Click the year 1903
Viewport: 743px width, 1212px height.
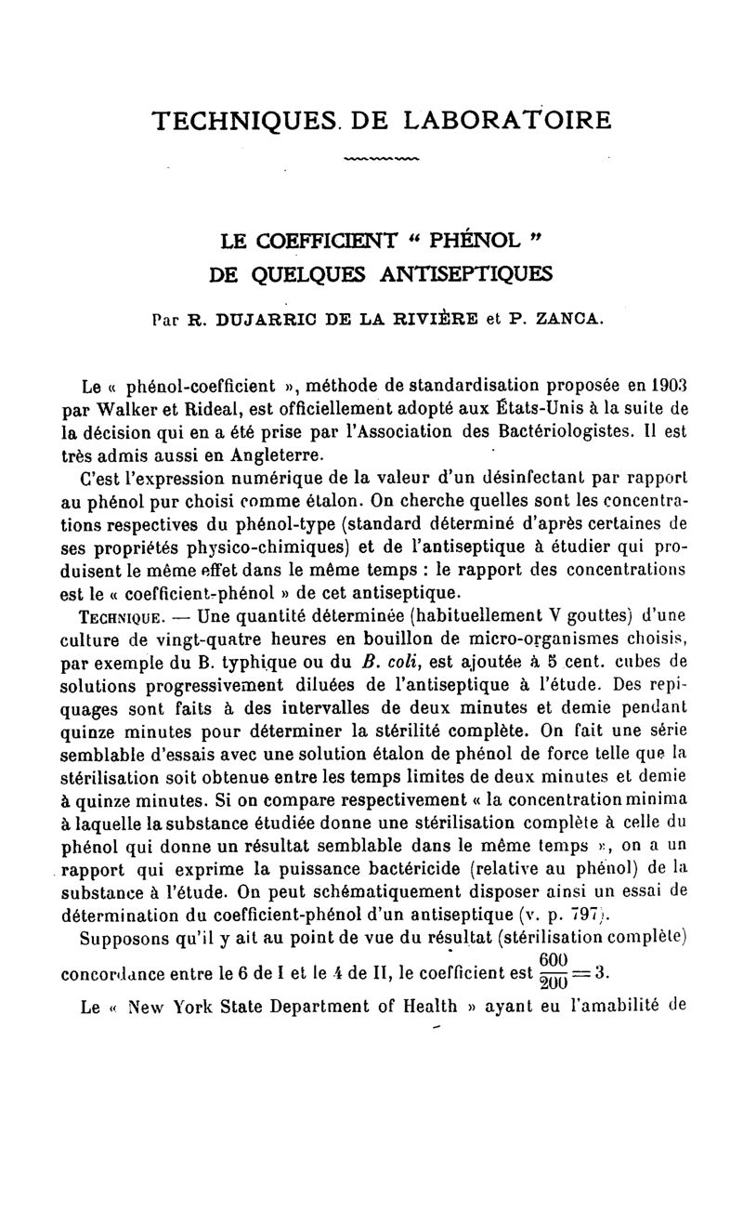666,384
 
